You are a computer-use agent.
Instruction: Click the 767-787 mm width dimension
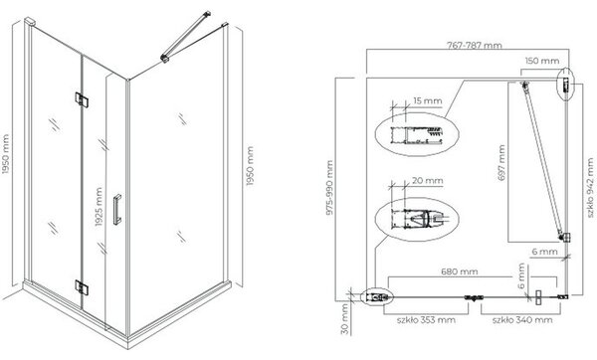coord(474,46)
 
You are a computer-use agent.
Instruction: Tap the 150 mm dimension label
coord(542,61)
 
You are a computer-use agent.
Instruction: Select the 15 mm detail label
coord(428,100)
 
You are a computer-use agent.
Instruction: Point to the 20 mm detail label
coord(428,180)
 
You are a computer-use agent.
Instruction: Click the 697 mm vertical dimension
coord(501,162)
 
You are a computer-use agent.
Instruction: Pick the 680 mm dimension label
coord(459,271)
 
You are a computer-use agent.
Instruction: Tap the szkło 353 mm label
coord(426,320)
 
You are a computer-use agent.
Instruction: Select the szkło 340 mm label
coord(522,320)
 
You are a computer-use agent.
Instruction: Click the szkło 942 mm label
coord(590,188)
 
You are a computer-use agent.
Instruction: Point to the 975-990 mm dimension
coord(329,187)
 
